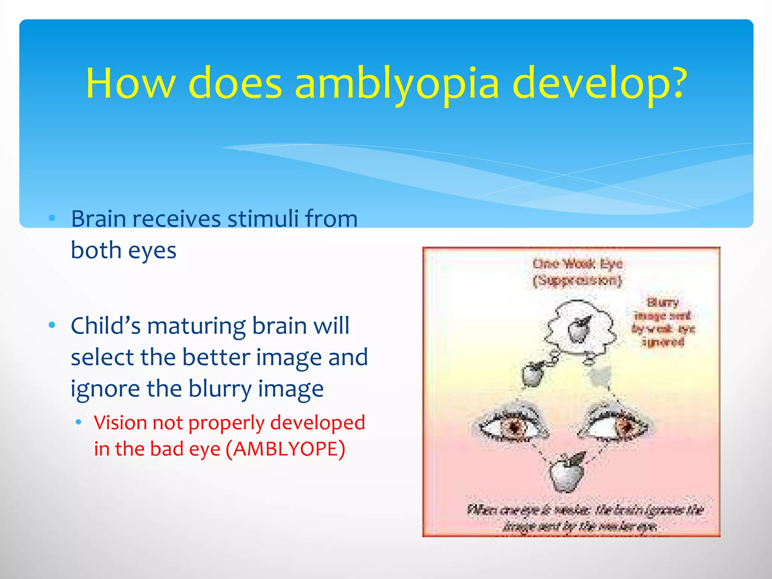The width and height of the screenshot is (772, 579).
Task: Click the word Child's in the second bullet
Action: click(x=106, y=326)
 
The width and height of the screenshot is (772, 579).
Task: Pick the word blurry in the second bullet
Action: click(x=220, y=389)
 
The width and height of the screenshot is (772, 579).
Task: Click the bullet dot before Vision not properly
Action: click(x=78, y=423)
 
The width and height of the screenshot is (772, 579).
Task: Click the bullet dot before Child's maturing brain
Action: click(x=52, y=325)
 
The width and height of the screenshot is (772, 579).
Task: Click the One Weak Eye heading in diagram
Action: click(x=577, y=264)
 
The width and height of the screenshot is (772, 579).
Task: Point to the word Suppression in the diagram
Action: click(x=577, y=280)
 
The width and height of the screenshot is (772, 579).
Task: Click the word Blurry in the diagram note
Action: click(x=662, y=302)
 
